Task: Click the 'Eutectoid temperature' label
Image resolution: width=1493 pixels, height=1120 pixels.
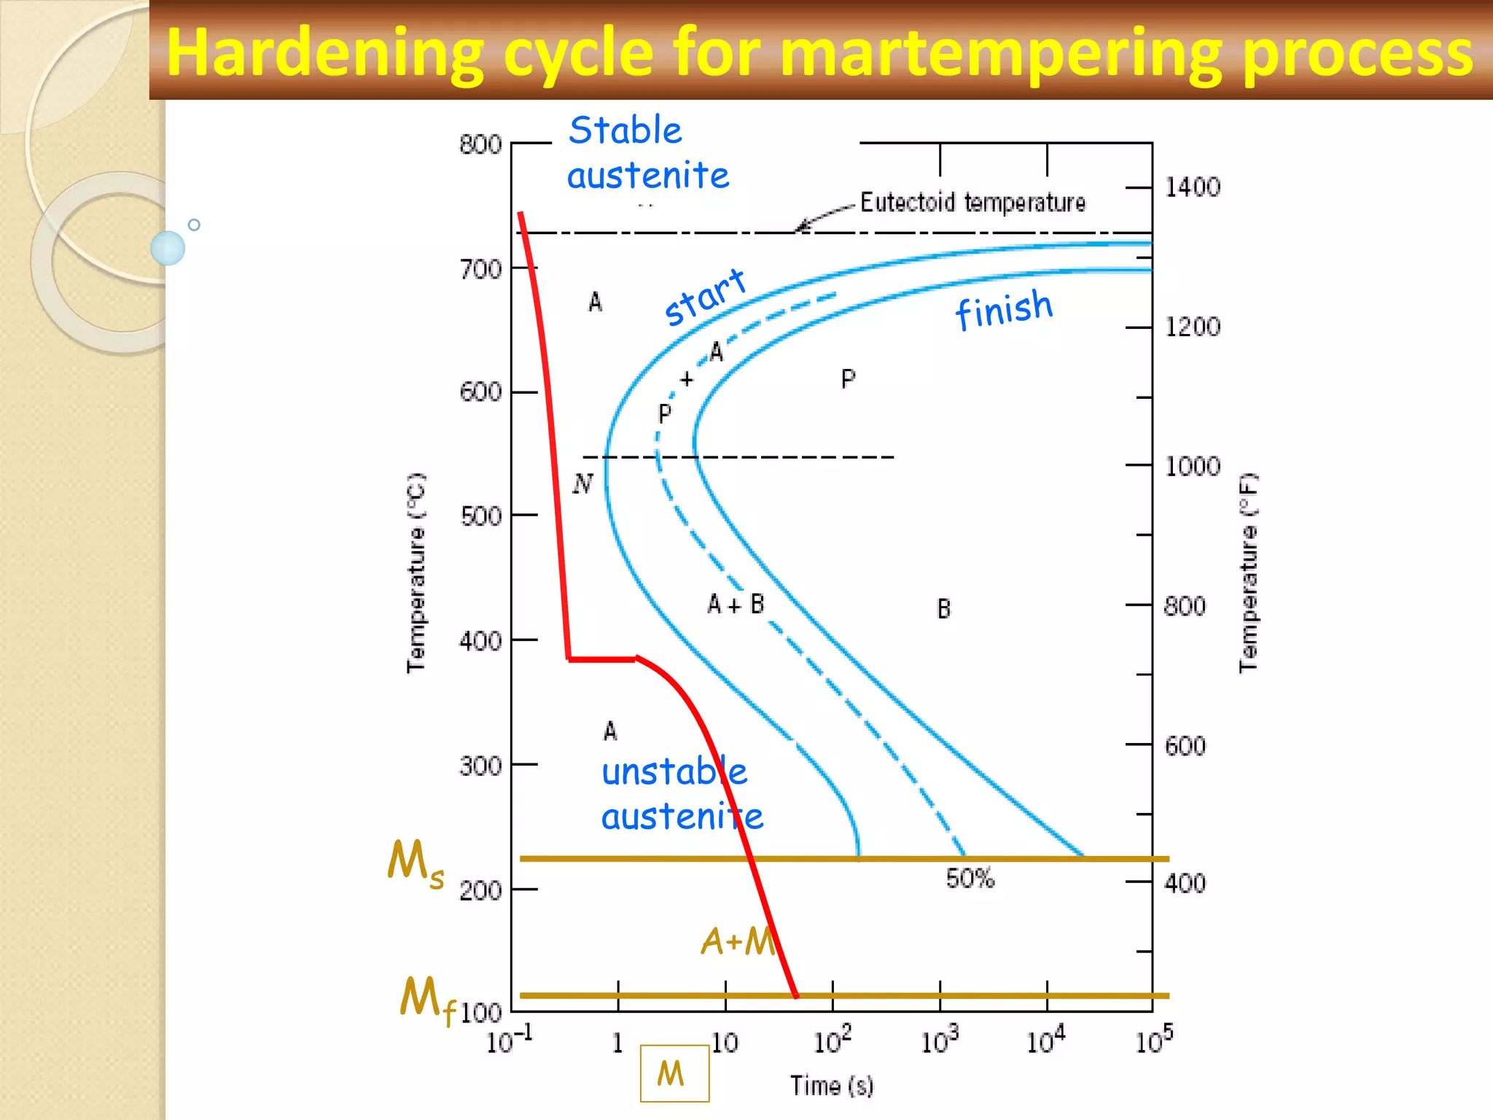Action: click(972, 202)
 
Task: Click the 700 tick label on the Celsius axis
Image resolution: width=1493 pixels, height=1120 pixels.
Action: click(480, 270)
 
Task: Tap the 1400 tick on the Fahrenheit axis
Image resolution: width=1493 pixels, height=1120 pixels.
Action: click(1192, 187)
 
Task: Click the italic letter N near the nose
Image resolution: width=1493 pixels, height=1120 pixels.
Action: click(582, 483)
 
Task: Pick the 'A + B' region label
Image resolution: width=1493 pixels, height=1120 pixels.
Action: click(736, 604)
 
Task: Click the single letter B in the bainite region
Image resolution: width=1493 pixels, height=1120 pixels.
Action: click(943, 609)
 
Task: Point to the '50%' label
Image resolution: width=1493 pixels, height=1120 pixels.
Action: click(970, 878)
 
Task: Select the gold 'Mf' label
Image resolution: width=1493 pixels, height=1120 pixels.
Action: click(427, 1000)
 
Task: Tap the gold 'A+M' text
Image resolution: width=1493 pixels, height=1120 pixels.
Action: click(738, 941)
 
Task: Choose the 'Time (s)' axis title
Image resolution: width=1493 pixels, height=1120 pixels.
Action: click(832, 1086)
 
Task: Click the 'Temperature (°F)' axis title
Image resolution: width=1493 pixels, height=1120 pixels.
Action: click(1248, 573)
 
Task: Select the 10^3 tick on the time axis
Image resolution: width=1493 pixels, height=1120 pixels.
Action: click(939, 1041)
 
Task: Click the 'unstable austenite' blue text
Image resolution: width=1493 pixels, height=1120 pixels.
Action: click(681, 794)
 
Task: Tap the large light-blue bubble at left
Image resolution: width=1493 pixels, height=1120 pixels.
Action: click(168, 248)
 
